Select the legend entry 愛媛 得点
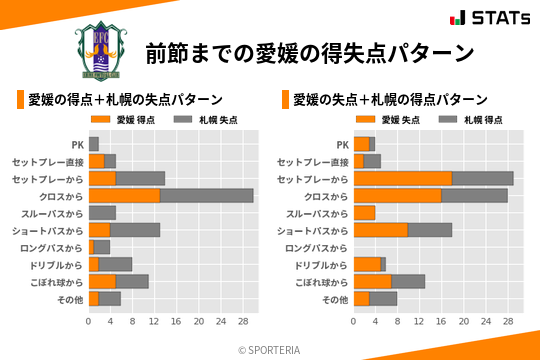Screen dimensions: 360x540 127,120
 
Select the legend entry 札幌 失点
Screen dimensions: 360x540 206,120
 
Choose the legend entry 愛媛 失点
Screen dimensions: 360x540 392,120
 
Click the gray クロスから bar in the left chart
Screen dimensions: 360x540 207,195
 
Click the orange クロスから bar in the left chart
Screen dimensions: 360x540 124,195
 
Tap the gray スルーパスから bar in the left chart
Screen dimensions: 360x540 102,213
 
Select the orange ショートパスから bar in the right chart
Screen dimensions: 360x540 381,230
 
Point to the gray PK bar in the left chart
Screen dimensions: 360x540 94,144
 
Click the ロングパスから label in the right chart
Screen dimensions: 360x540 316,248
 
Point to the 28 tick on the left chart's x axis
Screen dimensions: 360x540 242,322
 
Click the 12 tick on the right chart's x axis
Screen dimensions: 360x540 420,322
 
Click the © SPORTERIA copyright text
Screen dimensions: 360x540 270,349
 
